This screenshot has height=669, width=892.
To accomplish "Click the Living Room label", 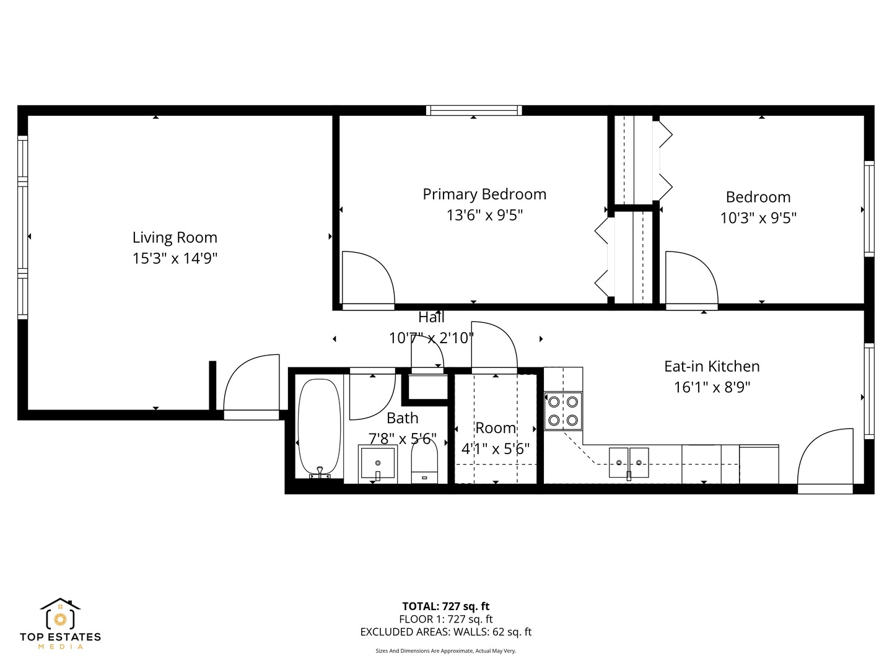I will point(175,237).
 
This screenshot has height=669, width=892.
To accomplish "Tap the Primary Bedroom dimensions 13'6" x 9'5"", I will point(484,216).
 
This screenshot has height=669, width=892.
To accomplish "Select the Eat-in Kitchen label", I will point(712,366).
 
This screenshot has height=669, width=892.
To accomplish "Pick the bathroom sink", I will point(377,463).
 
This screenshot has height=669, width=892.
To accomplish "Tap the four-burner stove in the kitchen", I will point(563,411).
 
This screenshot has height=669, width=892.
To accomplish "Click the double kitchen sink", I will point(629,463).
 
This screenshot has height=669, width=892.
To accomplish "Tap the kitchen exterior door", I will point(825,458).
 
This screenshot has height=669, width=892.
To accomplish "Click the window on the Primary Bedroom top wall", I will point(474,110).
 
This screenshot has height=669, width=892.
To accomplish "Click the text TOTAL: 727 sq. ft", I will point(445,606).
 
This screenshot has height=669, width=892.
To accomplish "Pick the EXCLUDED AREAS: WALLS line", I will point(445,632).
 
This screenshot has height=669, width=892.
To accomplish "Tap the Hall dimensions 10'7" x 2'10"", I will point(431,338).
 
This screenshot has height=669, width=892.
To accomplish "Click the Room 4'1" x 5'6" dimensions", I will point(495,449).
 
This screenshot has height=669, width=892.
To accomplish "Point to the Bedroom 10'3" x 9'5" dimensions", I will point(758,218).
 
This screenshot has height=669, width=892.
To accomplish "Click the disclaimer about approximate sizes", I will point(445,651).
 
